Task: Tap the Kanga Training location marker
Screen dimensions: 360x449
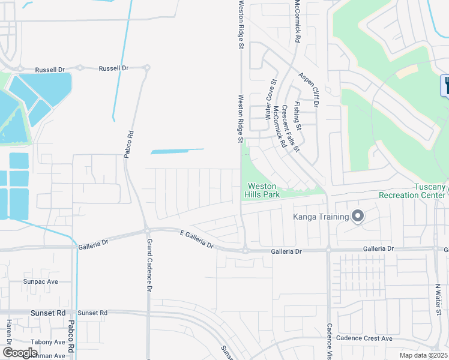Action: pos(358,216)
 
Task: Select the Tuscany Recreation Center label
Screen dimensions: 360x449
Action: pos(412,191)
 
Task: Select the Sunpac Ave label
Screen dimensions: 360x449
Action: pos(40,281)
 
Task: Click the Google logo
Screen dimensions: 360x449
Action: pos(20,353)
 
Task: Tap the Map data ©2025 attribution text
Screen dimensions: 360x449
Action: pos(424,355)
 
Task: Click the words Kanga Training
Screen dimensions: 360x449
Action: pos(321,217)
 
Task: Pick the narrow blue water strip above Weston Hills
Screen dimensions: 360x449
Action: pos(176,151)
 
